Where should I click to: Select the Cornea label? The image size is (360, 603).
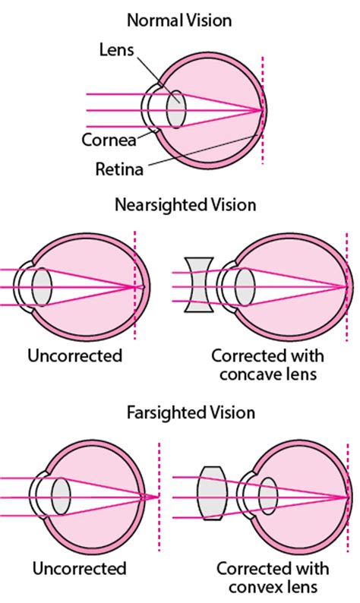[x=109, y=140]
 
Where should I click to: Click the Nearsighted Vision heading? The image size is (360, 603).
[x=185, y=205]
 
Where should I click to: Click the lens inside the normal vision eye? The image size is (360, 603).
[x=175, y=110]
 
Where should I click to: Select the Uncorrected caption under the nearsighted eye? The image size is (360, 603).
[x=74, y=355]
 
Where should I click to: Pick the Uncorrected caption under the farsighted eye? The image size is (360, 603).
[x=79, y=568]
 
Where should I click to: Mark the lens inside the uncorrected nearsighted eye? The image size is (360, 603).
[x=42, y=286]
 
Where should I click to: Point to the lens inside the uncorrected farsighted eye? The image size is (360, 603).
[x=62, y=497]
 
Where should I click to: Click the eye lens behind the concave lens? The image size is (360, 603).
[x=245, y=287]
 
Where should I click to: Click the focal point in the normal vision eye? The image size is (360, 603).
[x=263, y=110]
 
